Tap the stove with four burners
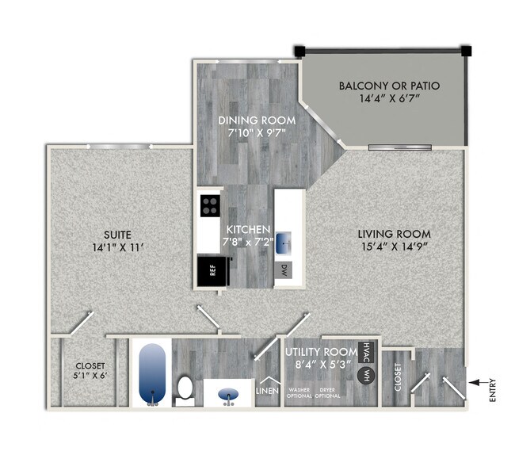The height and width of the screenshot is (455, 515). coord(211,208)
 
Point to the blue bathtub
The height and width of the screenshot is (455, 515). coord(152,373)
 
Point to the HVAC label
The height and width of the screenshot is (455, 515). coord(365,351)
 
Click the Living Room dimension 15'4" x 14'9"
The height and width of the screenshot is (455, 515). coord(394,249)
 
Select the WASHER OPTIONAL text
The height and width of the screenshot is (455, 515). coord(299,392)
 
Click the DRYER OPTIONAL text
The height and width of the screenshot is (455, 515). coord(329,392)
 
